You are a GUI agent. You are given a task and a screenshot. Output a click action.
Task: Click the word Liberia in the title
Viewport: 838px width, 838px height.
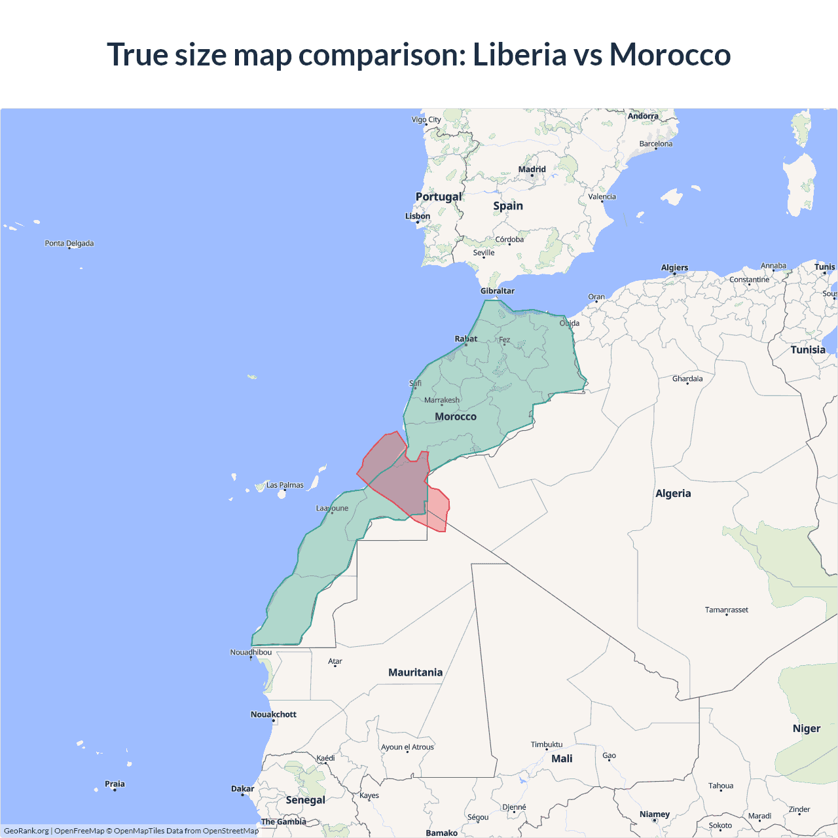(519, 54)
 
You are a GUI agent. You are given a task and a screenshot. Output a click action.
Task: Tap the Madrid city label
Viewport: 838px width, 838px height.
(532, 170)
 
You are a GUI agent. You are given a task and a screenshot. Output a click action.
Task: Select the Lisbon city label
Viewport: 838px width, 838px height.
(418, 216)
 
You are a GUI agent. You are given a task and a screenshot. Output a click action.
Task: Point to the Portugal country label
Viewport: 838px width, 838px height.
(439, 196)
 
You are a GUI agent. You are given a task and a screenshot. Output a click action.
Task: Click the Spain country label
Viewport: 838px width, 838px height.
(508, 206)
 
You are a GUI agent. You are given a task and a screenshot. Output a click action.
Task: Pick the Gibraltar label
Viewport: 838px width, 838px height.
(498, 291)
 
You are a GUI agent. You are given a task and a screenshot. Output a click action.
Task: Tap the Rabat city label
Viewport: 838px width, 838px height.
(466, 338)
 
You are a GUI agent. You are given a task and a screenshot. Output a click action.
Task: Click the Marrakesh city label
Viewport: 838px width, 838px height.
(442, 400)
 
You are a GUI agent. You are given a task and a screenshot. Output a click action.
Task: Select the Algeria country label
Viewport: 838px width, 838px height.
(673, 493)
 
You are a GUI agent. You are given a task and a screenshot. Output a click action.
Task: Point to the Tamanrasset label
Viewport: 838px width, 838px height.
(726, 610)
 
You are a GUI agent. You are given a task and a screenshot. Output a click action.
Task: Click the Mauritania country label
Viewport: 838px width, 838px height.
(415, 672)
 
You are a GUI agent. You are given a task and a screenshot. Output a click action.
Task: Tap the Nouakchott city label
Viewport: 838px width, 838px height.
(274, 714)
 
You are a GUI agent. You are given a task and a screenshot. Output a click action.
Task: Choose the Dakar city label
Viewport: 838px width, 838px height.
(242, 789)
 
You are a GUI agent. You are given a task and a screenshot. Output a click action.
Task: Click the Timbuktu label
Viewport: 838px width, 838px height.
(547, 744)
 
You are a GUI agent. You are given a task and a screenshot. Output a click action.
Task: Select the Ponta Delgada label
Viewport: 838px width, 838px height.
(69, 244)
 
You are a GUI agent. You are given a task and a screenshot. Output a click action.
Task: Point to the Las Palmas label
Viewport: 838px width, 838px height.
(285, 485)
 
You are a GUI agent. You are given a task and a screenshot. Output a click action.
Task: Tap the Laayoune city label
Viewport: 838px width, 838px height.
(332, 508)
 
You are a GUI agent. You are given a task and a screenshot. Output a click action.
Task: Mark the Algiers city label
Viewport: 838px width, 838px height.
(674, 268)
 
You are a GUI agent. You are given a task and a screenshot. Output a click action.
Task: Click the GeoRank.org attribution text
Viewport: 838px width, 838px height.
(26, 831)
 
